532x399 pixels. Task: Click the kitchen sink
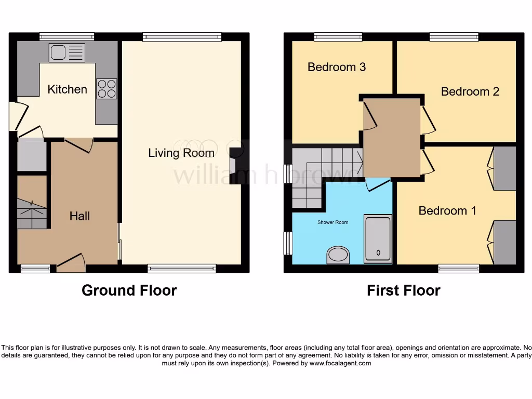point(66,52)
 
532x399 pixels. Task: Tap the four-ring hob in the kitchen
point(107,88)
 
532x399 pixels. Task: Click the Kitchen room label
point(67,89)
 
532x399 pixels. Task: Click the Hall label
point(80,216)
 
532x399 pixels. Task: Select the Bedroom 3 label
point(337,67)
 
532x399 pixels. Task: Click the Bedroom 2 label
point(470,91)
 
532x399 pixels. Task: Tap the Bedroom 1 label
point(447,211)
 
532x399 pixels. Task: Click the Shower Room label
point(333,222)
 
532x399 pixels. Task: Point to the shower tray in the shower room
point(377,238)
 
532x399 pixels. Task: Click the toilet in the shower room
point(338,255)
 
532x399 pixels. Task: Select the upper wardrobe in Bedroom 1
point(504,168)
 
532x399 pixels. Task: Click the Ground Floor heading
point(129,290)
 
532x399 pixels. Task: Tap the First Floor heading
point(403,290)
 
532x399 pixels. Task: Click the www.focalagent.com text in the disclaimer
point(340,364)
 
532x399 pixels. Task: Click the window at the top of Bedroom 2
point(454,36)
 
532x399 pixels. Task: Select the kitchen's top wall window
point(67,36)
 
